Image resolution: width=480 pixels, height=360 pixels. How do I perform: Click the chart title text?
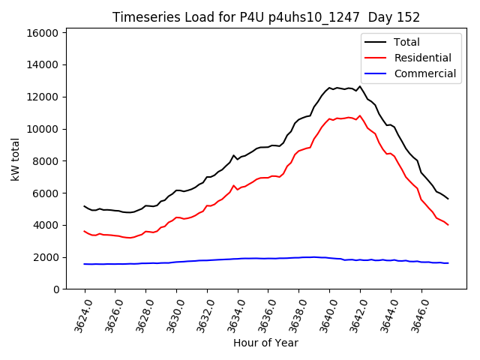[265, 16]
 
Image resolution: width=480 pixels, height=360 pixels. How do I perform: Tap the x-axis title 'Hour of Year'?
[265, 343]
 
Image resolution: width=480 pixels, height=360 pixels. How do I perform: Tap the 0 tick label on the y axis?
[56, 289]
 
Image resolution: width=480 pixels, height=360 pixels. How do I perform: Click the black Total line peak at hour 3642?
[360, 86]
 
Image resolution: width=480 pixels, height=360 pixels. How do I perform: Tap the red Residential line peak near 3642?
[360, 115]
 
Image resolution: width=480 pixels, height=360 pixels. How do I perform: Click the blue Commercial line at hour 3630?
[176, 262]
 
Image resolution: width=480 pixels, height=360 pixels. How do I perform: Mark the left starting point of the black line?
[84, 205]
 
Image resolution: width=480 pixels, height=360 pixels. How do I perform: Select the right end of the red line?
[448, 224]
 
